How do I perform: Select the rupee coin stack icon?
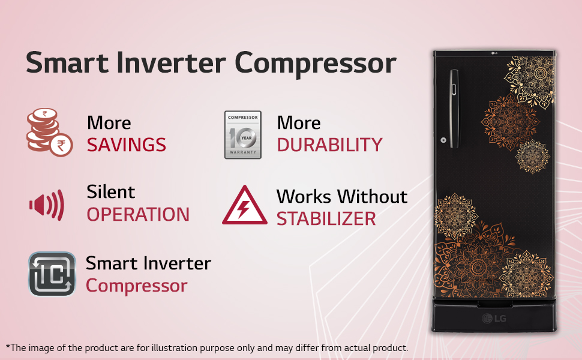tap(49, 133)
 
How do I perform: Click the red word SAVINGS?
tap(126, 145)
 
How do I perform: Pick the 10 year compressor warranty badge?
tap(242, 134)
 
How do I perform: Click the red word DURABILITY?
tap(329, 145)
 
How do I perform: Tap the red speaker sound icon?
tap(46, 205)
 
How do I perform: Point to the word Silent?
tap(111, 192)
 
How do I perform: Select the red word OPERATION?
tap(138, 215)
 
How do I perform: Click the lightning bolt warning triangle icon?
tap(244, 206)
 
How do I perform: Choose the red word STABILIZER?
tap(326, 219)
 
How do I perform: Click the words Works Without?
tap(341, 196)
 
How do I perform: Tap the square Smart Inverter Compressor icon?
tap(52, 274)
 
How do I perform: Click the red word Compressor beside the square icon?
tap(136, 286)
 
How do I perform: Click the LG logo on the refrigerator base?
tap(496, 318)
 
